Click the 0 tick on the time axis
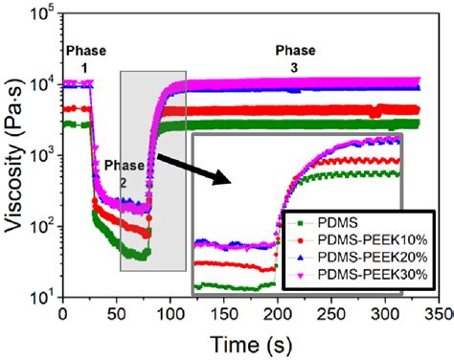tap(62, 313)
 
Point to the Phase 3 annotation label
tap(294, 56)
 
